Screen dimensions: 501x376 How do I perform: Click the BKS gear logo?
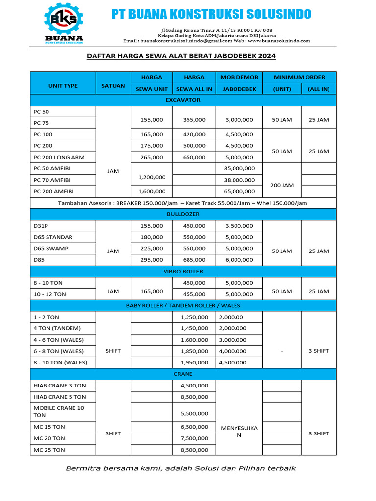[64, 20]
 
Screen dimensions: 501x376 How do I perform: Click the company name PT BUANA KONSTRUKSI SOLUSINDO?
[211, 14]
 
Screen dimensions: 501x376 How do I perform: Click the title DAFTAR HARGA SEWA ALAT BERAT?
[181, 56]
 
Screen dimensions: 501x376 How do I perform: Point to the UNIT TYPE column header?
[63, 86]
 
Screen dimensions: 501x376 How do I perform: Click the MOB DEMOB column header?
[238, 77]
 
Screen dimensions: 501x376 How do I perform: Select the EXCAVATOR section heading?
[183, 100]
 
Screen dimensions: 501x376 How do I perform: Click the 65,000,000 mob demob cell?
[238, 191]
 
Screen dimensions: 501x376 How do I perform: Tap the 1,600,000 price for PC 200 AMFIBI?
[151, 191]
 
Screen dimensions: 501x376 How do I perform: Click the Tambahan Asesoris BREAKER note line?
[183, 203]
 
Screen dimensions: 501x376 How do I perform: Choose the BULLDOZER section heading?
[183, 214]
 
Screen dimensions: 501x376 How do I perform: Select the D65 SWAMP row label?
[51, 248]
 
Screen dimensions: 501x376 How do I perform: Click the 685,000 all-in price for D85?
[195, 260]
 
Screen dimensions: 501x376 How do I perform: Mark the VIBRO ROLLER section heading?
[183, 271]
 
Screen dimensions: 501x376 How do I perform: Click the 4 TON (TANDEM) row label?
[57, 328]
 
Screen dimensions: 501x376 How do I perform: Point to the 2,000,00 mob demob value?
[232, 317]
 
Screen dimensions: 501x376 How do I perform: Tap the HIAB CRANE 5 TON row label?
[59, 397]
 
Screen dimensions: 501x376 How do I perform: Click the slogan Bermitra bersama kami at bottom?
[181, 468]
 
